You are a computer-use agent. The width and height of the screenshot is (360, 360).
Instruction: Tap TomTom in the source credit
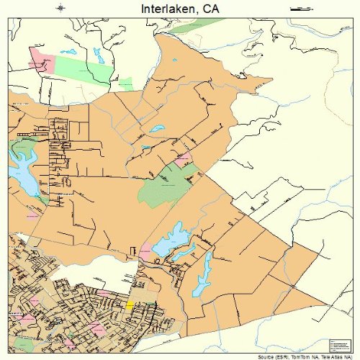(x=291, y=356)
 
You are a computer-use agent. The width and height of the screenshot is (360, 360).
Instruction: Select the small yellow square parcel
(x=130, y=305)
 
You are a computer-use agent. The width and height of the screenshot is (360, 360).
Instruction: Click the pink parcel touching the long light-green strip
(x=41, y=60)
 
